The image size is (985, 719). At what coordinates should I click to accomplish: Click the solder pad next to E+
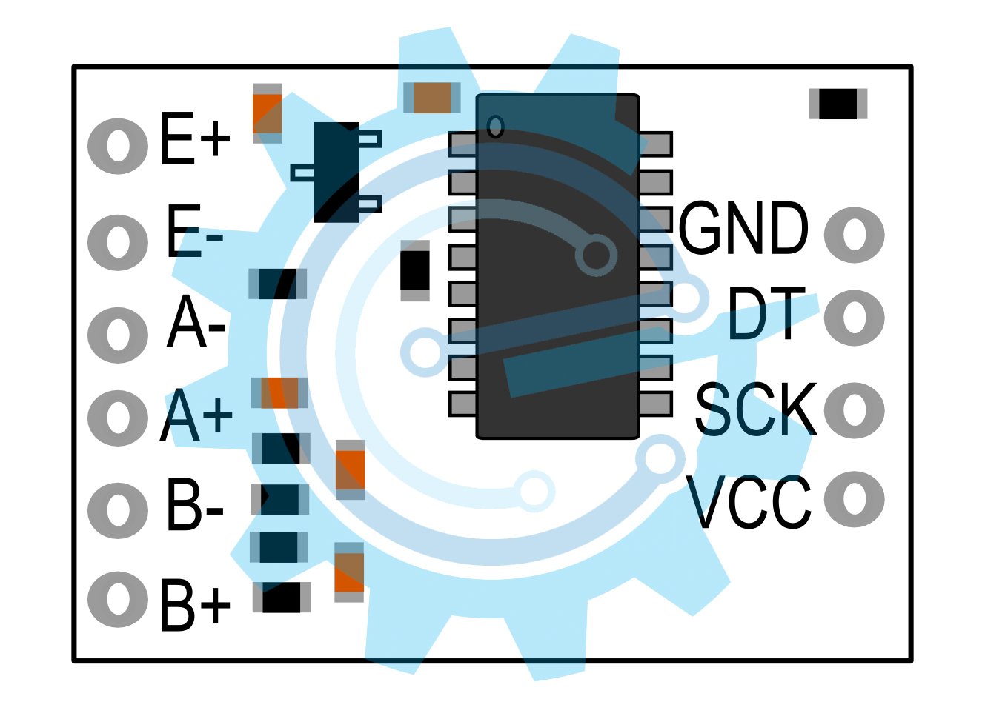(x=118, y=147)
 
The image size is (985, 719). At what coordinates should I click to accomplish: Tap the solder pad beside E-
(x=118, y=242)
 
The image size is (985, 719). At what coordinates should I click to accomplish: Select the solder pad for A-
(x=118, y=335)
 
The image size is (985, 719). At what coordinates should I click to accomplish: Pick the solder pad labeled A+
(x=118, y=418)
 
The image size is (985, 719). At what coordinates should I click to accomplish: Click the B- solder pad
(x=118, y=511)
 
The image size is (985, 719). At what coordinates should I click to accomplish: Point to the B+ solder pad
(x=118, y=600)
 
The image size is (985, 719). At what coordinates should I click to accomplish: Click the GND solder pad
(x=855, y=235)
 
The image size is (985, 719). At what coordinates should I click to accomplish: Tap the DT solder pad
(x=855, y=318)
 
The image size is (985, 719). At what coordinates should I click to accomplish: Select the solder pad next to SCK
(x=855, y=410)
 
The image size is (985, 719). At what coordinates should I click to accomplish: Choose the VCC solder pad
(x=855, y=499)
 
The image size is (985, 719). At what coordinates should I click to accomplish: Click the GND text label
(x=743, y=228)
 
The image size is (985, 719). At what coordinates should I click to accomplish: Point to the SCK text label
(x=756, y=409)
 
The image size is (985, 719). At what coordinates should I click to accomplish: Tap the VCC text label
(x=748, y=501)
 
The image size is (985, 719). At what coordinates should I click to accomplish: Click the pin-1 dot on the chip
(x=496, y=127)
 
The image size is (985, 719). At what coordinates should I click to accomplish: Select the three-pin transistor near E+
(x=336, y=173)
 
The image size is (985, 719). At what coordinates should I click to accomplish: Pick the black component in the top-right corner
(x=838, y=104)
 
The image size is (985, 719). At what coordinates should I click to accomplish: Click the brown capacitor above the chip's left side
(x=432, y=98)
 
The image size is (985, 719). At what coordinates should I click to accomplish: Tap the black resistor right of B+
(x=282, y=598)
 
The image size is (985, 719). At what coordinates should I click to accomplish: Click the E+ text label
(x=195, y=138)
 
